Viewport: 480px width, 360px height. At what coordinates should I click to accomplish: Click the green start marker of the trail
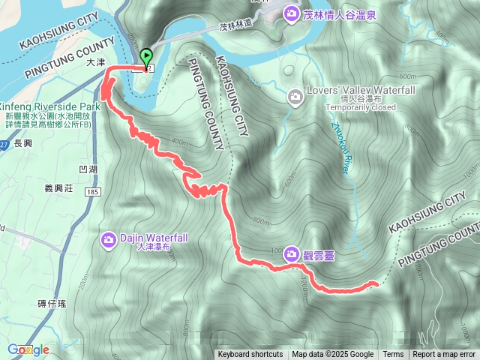pos(145,57)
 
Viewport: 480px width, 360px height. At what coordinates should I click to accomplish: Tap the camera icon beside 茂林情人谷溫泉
pos(290,13)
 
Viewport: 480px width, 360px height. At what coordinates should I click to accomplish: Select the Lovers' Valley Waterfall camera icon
pos(295,95)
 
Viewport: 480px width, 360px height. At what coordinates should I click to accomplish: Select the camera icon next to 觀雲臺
pos(290,255)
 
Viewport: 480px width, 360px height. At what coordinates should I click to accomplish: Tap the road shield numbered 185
pos(93,193)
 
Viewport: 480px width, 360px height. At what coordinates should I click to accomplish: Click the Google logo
pos(28,349)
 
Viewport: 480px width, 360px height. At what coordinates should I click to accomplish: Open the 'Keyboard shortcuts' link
pos(250,355)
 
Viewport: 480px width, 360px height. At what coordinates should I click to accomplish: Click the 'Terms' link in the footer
pos(393,355)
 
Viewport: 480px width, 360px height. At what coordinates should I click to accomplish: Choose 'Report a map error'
pos(444,355)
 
